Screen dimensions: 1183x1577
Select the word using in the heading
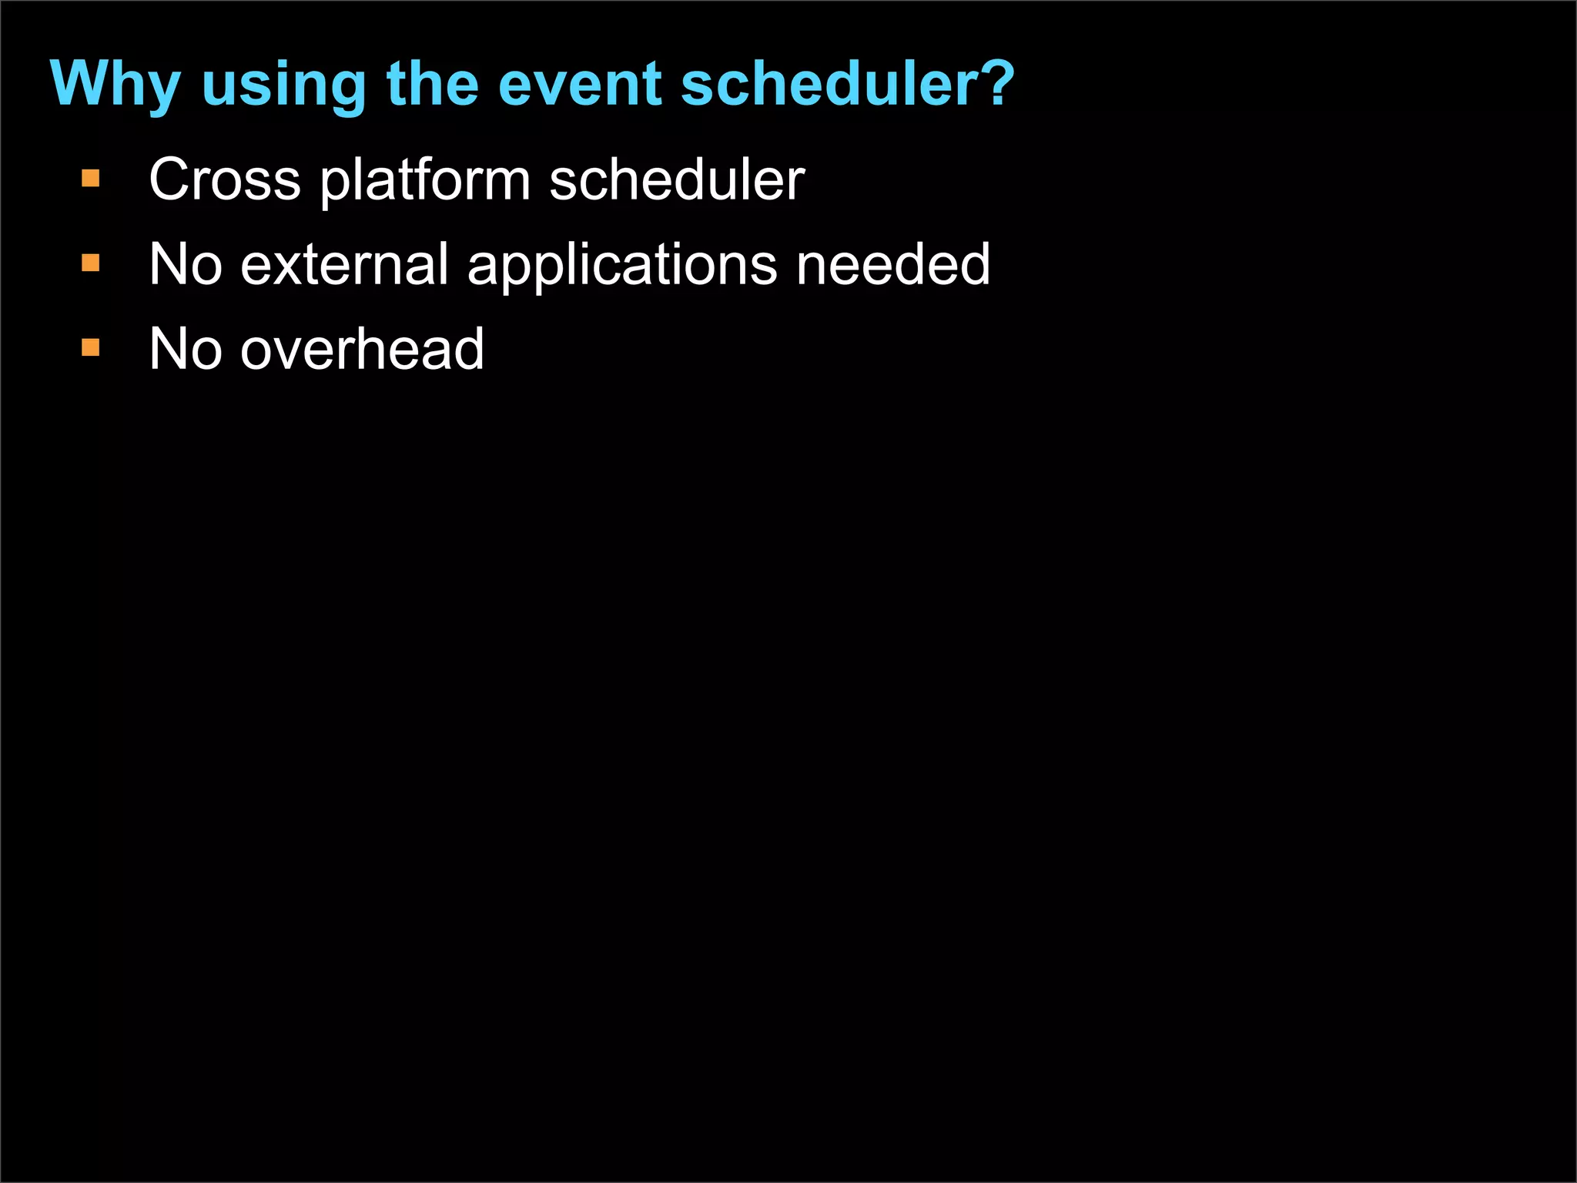point(283,86)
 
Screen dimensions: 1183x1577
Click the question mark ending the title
point(999,83)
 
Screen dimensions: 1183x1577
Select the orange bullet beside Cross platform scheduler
point(91,179)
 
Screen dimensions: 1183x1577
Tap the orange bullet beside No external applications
point(91,264)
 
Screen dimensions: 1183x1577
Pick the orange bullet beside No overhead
point(91,348)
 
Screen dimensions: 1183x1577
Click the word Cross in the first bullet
point(224,180)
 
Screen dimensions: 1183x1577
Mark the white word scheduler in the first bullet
point(677,180)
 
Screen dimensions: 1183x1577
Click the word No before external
point(186,265)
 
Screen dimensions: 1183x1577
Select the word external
point(344,265)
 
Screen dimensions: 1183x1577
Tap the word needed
point(893,265)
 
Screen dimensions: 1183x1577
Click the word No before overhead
point(186,350)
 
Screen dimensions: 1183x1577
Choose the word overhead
point(362,350)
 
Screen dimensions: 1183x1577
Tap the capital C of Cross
point(170,180)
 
